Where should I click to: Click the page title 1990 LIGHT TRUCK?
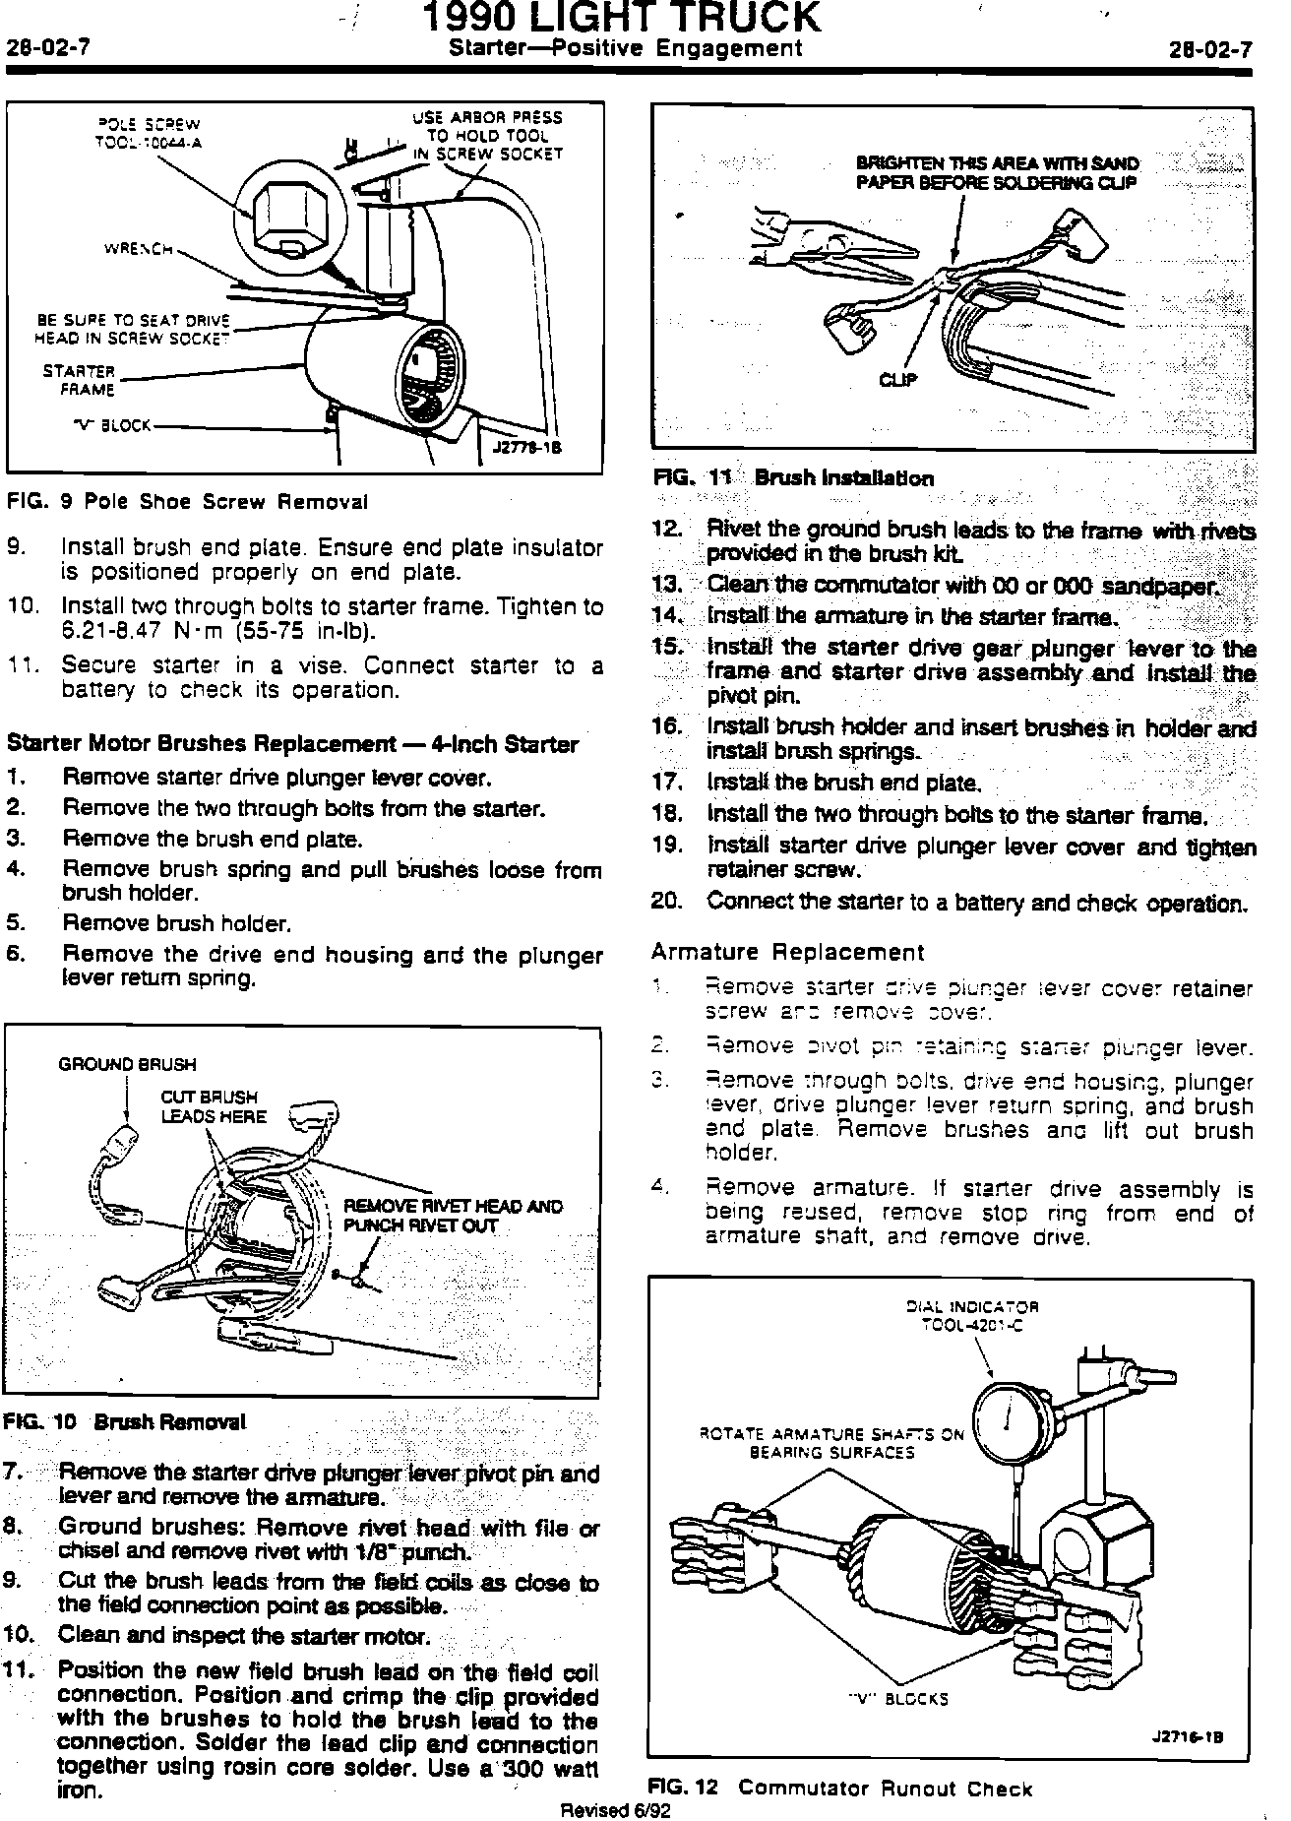621,19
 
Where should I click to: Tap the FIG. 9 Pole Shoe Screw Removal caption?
187,502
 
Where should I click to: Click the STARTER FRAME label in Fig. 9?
79,381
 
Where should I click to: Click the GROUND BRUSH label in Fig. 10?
127,1064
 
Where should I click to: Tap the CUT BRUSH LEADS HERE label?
213,1106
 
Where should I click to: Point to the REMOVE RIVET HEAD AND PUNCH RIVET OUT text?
452,1216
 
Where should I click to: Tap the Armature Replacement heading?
787,952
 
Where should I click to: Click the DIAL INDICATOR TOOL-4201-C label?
971,1315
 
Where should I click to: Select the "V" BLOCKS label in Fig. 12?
898,1699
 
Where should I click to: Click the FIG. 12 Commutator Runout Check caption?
840,1789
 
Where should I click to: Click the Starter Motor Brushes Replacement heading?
292,744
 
